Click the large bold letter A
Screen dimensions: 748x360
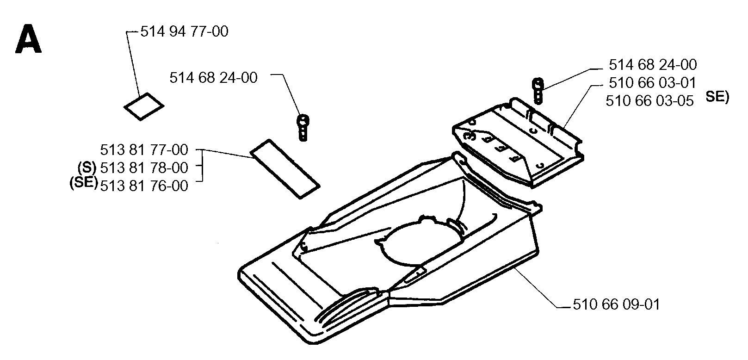(x=28, y=39)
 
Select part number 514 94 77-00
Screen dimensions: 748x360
(x=184, y=32)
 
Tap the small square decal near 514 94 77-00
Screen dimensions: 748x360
(x=144, y=106)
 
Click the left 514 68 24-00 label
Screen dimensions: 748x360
(x=214, y=78)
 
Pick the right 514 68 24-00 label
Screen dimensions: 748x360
(x=653, y=65)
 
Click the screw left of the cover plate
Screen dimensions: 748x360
(x=303, y=128)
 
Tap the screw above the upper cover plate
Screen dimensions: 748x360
(x=538, y=91)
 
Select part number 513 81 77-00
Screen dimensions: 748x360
(x=144, y=150)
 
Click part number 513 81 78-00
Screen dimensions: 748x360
(x=144, y=168)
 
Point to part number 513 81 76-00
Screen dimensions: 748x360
(x=144, y=186)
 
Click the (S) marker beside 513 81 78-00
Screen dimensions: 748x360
(x=87, y=167)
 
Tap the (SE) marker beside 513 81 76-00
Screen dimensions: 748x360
(x=84, y=183)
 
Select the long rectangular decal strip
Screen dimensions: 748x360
(x=285, y=169)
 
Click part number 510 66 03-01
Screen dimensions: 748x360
(x=653, y=83)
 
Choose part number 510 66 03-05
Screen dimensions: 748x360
(x=650, y=101)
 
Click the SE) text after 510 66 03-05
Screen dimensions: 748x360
(x=717, y=97)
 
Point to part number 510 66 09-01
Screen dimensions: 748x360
(x=617, y=304)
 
